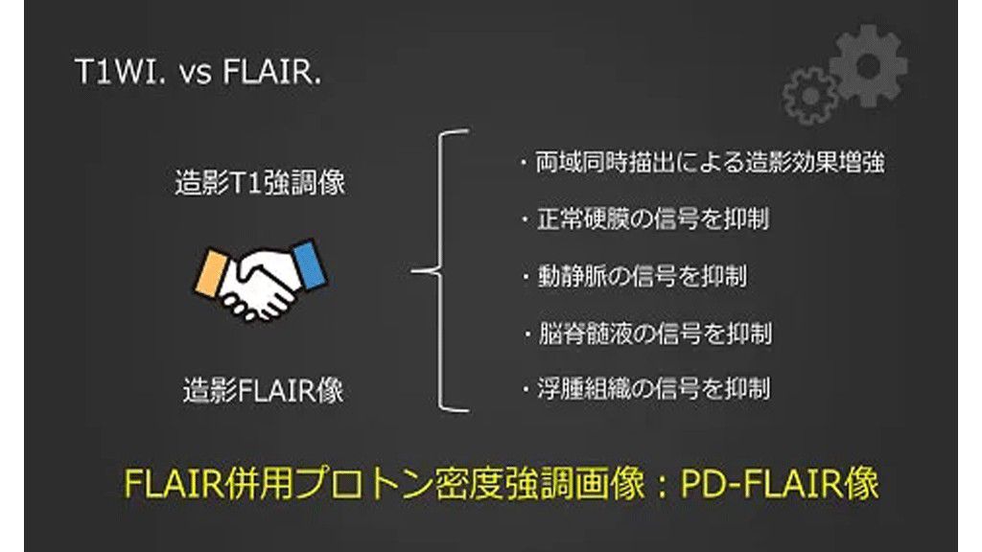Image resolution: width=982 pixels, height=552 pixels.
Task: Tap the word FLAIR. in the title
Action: click(x=271, y=71)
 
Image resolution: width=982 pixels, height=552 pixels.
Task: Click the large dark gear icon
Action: click(x=869, y=66)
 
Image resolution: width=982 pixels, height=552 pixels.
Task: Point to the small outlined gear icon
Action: click(x=809, y=97)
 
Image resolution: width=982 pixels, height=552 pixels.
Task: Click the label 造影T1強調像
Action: click(x=260, y=183)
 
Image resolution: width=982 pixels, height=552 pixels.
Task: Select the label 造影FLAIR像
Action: click(x=263, y=391)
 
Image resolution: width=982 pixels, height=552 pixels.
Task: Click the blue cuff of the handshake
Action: click(x=310, y=264)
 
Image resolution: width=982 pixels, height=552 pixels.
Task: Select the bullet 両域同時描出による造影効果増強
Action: click(x=702, y=162)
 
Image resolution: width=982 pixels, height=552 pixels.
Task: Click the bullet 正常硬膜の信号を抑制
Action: click(x=645, y=219)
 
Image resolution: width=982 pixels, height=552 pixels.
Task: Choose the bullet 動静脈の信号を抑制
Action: click(x=635, y=276)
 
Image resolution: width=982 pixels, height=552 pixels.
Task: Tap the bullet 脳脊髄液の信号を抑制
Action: click(x=647, y=333)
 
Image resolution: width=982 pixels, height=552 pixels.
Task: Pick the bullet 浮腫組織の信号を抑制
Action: click(x=645, y=389)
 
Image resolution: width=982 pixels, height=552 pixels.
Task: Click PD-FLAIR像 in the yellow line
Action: click(x=780, y=484)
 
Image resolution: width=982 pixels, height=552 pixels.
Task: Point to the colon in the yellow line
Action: click(x=662, y=485)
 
